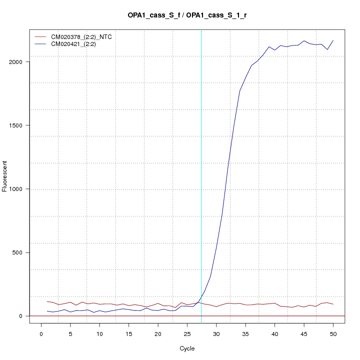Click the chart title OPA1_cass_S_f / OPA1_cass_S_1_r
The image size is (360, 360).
pos(187,16)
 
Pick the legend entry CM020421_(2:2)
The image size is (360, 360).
pos(73,44)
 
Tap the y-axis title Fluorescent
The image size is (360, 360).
pos(5,176)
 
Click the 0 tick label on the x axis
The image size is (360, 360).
pos(41,333)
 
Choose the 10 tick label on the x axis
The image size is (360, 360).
pos(99,333)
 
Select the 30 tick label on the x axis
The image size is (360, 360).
pos(216,333)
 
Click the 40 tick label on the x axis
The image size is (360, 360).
pos(274,333)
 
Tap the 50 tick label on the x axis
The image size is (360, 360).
pos(333,333)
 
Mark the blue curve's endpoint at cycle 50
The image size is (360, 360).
pos(333,40)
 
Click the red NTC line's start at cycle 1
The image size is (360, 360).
pos(47,301)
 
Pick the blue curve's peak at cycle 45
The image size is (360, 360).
pos(304,41)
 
